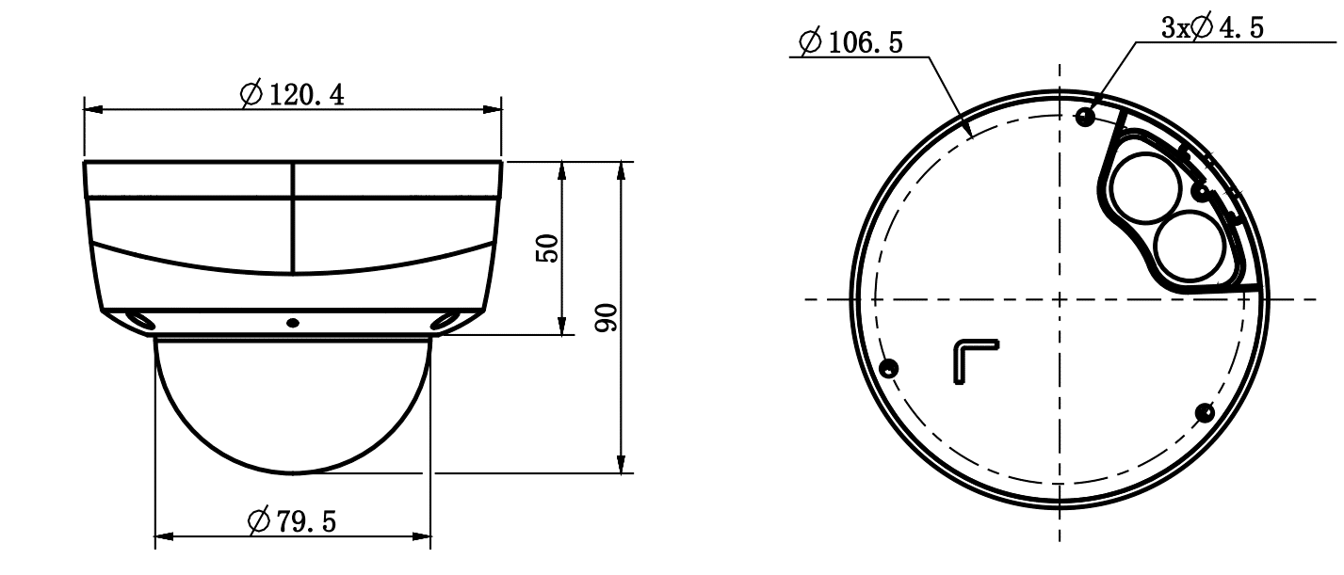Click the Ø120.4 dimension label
point(292,95)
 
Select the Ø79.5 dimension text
point(292,520)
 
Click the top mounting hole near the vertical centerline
point(1084,117)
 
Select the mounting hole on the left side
point(887,367)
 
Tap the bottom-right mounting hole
point(1203,412)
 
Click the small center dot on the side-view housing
point(292,323)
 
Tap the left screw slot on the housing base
point(138,321)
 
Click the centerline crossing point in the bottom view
point(1061,300)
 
